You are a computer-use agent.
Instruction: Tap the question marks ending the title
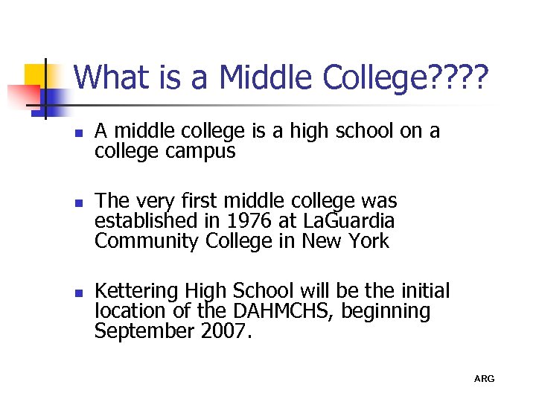click(x=461, y=77)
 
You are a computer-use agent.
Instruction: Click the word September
click(x=144, y=331)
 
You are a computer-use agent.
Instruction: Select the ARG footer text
click(x=484, y=379)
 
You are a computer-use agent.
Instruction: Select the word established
click(x=142, y=221)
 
